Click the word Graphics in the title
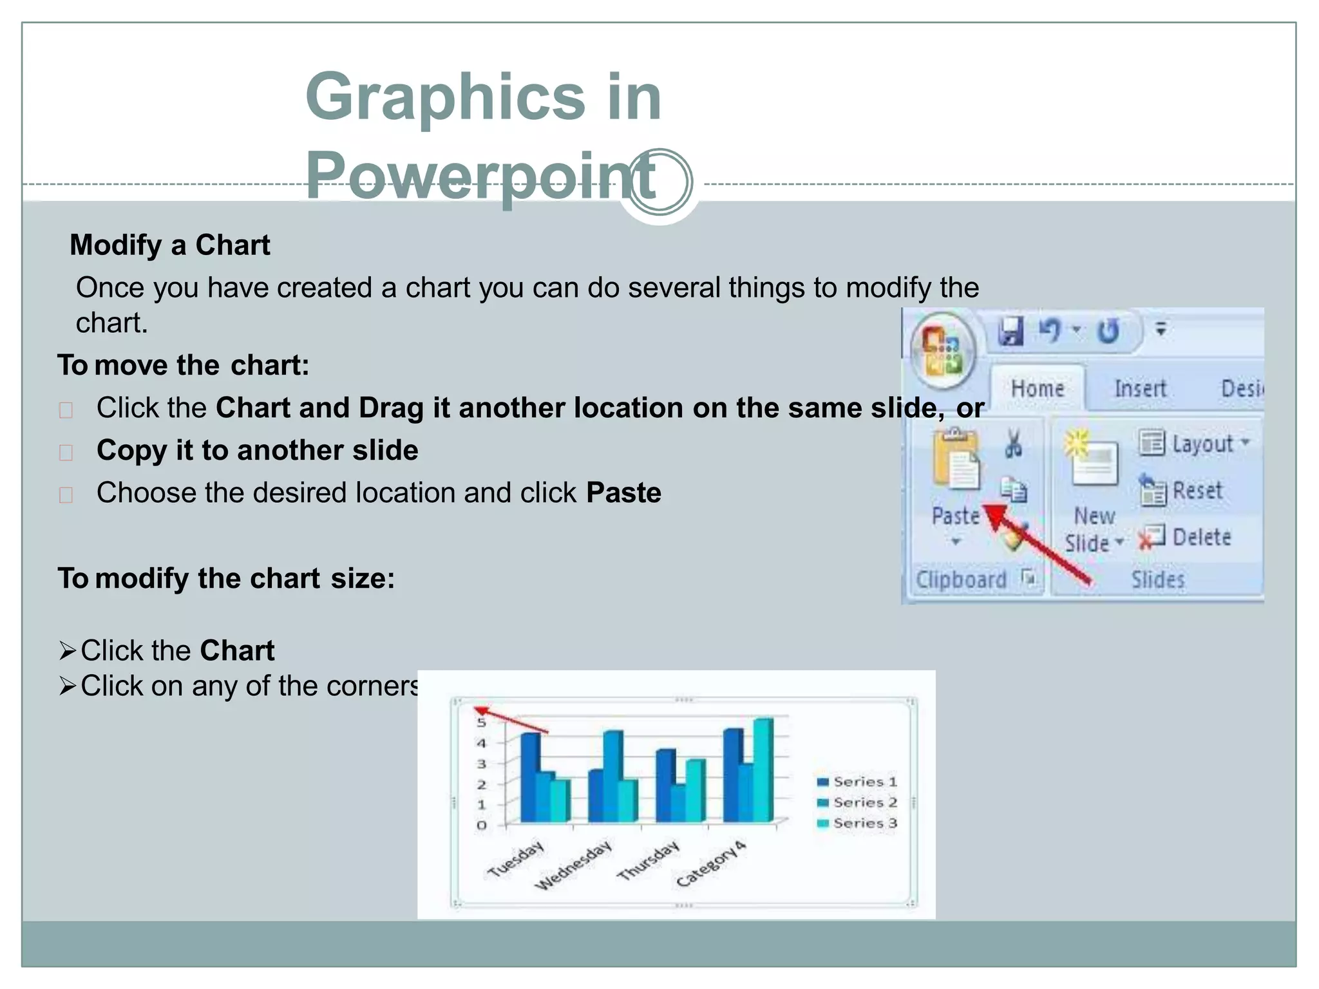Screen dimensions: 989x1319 (x=444, y=97)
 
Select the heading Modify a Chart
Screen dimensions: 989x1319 (x=169, y=245)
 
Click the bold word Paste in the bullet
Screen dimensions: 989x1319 (x=623, y=493)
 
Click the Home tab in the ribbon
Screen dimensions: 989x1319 (x=1037, y=389)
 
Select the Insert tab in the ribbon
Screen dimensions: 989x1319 (x=1140, y=389)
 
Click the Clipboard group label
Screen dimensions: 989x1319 (x=961, y=580)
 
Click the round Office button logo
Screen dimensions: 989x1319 (x=943, y=351)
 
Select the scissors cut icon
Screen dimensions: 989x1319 (x=1014, y=444)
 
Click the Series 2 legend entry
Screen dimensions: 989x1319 (x=858, y=803)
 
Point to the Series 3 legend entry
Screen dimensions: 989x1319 (x=858, y=824)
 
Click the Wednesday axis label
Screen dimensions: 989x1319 (x=573, y=866)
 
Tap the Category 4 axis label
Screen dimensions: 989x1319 (x=711, y=864)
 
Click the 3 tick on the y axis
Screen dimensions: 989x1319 (x=481, y=764)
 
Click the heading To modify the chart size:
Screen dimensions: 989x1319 (x=226, y=579)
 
